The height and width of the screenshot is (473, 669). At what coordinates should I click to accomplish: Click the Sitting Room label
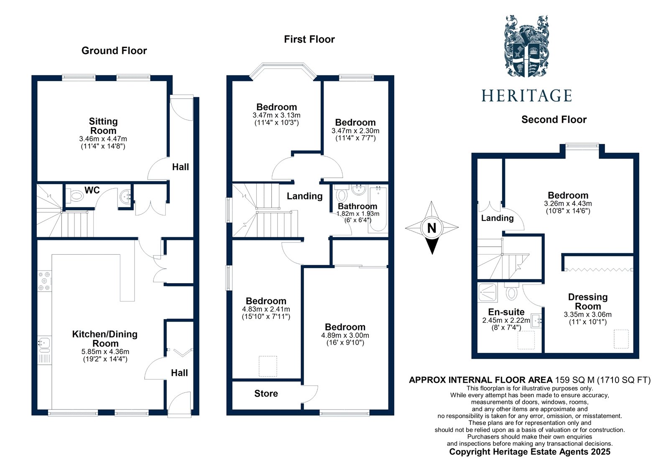click(103, 126)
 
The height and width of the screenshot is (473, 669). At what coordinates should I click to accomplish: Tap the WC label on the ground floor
click(92, 190)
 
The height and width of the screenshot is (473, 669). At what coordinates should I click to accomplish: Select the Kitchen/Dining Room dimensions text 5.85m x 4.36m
click(105, 352)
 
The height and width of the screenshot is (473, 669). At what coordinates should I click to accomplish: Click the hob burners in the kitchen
click(44, 281)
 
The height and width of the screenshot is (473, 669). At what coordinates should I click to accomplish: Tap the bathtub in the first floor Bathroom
click(378, 210)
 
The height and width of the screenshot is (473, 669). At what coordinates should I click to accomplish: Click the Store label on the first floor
click(266, 394)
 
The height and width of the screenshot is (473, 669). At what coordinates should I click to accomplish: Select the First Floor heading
click(309, 39)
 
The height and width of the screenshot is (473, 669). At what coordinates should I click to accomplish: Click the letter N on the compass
click(432, 228)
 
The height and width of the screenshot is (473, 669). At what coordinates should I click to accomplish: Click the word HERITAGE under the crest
click(526, 96)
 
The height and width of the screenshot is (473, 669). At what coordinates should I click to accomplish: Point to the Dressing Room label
click(587, 302)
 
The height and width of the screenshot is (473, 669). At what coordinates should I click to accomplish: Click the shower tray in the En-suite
click(488, 293)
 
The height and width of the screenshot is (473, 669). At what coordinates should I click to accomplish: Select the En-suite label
click(506, 312)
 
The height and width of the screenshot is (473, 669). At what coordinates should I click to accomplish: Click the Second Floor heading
click(554, 120)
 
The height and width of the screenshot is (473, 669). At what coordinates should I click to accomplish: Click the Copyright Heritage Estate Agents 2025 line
click(529, 452)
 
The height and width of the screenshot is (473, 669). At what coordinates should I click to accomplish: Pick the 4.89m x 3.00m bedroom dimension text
click(345, 335)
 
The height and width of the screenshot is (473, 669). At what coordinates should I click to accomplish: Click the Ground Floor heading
click(114, 51)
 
